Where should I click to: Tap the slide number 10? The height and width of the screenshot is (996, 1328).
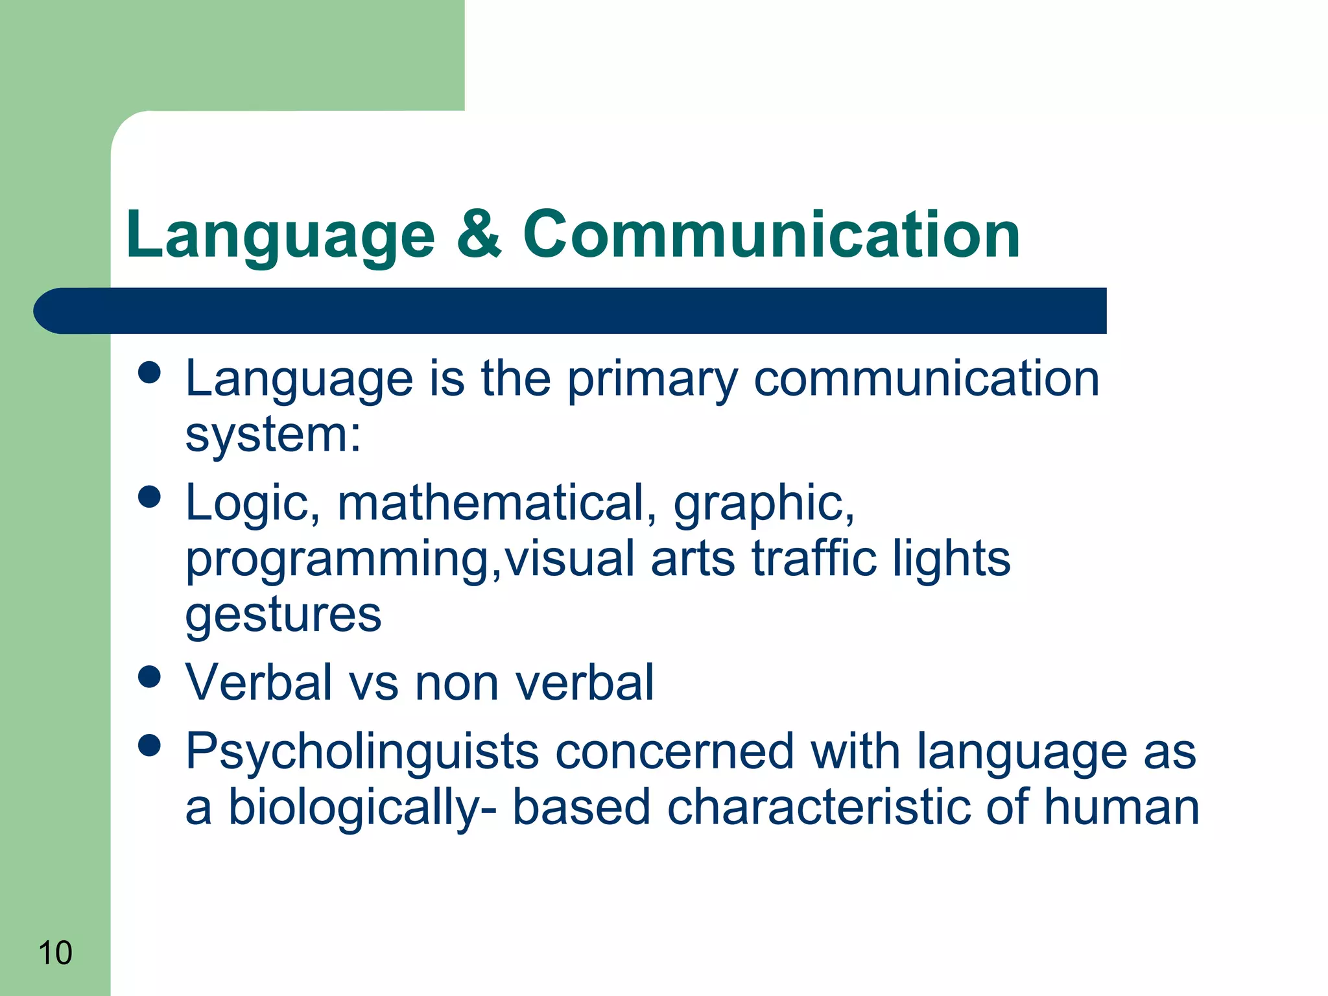pyautogui.click(x=55, y=953)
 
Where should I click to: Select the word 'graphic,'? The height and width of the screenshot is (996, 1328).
pyautogui.click(x=764, y=504)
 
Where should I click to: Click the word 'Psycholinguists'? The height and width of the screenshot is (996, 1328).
pyautogui.click(x=362, y=752)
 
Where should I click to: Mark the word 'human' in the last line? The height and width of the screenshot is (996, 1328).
pyautogui.click(x=1121, y=807)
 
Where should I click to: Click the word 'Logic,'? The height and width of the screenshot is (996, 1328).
pyautogui.click(x=253, y=504)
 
